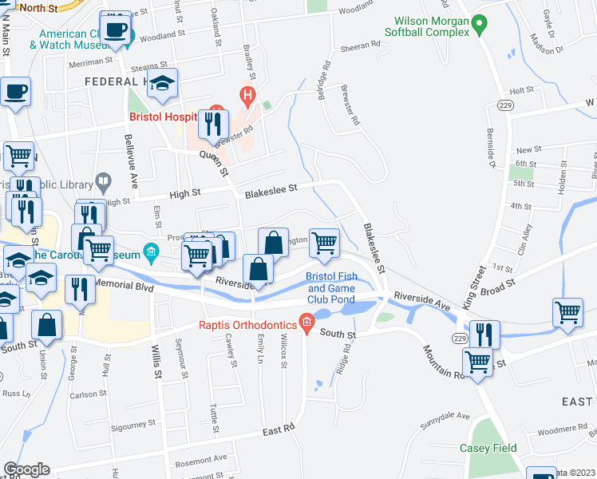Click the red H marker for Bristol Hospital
(247, 97)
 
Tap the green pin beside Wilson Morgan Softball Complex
(479, 25)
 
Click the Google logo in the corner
(26, 469)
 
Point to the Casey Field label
(489, 449)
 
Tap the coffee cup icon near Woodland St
(117, 30)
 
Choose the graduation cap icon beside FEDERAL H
(162, 85)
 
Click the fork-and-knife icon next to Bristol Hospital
(213, 125)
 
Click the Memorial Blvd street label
(123, 283)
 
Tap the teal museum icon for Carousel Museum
(151, 253)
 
